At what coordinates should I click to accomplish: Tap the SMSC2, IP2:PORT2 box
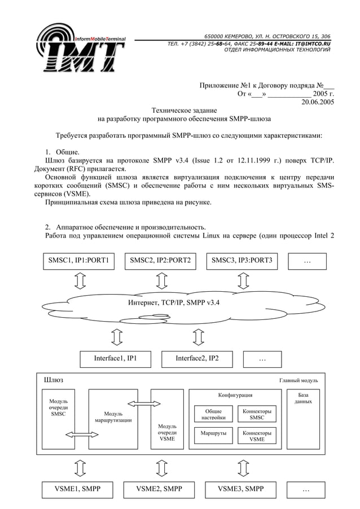pos(160,261)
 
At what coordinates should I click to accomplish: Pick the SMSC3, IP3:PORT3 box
pos(242,261)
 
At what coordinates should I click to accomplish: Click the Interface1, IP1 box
pos(115,358)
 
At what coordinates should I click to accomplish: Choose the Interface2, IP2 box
pos(197,358)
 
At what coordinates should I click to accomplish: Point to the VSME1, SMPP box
pos(77,489)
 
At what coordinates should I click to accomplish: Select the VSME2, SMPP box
pos(160,489)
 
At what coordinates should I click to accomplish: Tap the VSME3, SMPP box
pos(240,489)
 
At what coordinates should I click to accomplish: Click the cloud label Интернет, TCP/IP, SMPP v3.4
pos(173,303)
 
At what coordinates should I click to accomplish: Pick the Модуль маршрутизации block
pos(113,418)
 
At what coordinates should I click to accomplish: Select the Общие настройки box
pos(213,415)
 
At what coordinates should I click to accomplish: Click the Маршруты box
pos(213,434)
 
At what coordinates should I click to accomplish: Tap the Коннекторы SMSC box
pos(257,415)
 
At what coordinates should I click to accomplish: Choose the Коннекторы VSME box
pos(257,435)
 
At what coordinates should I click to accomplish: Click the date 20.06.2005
pos(318,102)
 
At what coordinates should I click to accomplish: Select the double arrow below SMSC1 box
pos(80,280)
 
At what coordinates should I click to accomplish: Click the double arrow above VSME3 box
pos(243,468)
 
